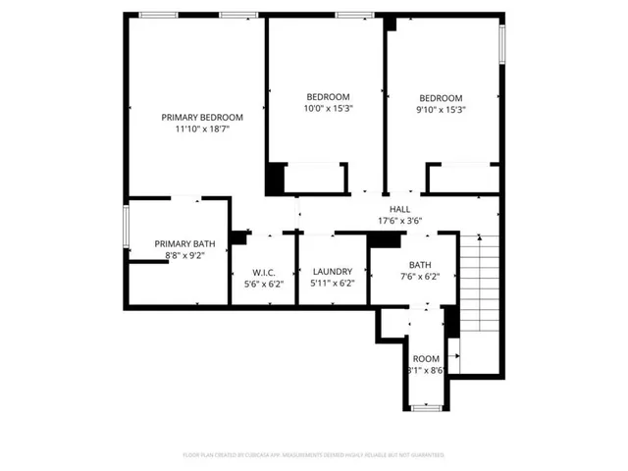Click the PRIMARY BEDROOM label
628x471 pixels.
(202, 117)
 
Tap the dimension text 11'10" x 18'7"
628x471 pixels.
(202, 129)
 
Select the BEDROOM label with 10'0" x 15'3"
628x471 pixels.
(328, 96)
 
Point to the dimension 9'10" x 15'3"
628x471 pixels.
(441, 109)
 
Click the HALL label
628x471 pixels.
(399, 209)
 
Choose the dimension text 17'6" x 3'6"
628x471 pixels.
(399, 221)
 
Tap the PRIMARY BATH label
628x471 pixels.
(184, 243)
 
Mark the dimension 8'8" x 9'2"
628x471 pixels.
(184, 255)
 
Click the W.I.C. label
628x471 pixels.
(263, 272)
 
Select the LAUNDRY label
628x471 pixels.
(332, 272)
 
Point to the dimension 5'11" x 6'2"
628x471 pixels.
(332, 284)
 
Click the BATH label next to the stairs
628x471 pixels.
(420, 265)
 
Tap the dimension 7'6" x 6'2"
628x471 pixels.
(420, 277)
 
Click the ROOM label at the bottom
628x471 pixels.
(426, 359)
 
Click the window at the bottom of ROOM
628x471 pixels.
(426, 407)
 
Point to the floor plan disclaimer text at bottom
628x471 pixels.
(314, 455)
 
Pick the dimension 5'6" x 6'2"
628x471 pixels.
(263, 284)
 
